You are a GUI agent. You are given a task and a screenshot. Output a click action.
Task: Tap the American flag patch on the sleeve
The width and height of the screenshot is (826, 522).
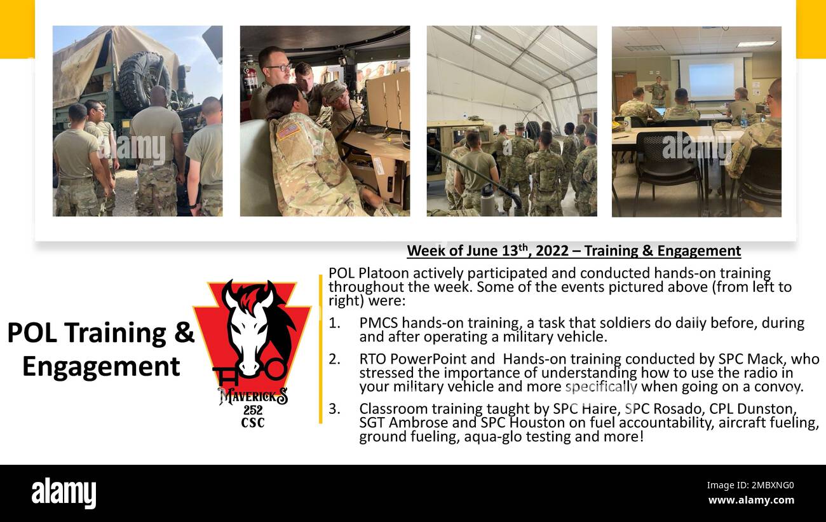(x=288, y=131)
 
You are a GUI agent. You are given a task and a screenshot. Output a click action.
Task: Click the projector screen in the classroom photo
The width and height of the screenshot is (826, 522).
(x=712, y=79)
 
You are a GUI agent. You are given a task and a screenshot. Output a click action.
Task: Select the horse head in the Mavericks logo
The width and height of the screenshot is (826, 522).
(x=253, y=327)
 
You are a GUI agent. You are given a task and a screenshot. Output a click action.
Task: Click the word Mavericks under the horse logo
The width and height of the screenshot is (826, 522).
(x=253, y=397)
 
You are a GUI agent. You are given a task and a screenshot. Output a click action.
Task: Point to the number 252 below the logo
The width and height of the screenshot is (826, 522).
(x=253, y=411)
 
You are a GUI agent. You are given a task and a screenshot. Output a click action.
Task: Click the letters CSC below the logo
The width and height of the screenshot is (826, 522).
(x=253, y=423)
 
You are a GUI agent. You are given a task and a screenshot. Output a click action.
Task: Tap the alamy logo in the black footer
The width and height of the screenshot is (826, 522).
(x=64, y=493)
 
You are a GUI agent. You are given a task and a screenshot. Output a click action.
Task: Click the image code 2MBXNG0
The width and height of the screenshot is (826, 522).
(x=750, y=486)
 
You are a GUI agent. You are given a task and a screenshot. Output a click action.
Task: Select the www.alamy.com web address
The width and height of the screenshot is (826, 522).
(x=750, y=500)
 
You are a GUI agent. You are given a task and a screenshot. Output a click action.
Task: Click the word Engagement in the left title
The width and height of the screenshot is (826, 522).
(x=101, y=367)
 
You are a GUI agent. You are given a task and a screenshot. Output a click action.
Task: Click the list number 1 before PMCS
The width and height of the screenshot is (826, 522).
(x=334, y=323)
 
